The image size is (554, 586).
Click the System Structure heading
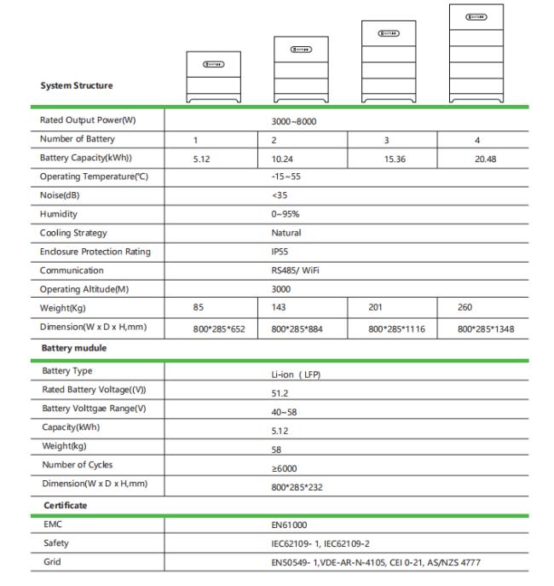click(76, 85)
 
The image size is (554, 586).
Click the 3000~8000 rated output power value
click(293, 121)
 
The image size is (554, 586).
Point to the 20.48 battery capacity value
click(485, 159)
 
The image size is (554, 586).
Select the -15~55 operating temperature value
click(286, 177)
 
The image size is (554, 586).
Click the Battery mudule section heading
click(76, 349)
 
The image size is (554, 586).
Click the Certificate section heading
click(66, 506)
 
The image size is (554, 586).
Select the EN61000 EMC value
click(287, 525)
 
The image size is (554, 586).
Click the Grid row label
click(52, 561)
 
